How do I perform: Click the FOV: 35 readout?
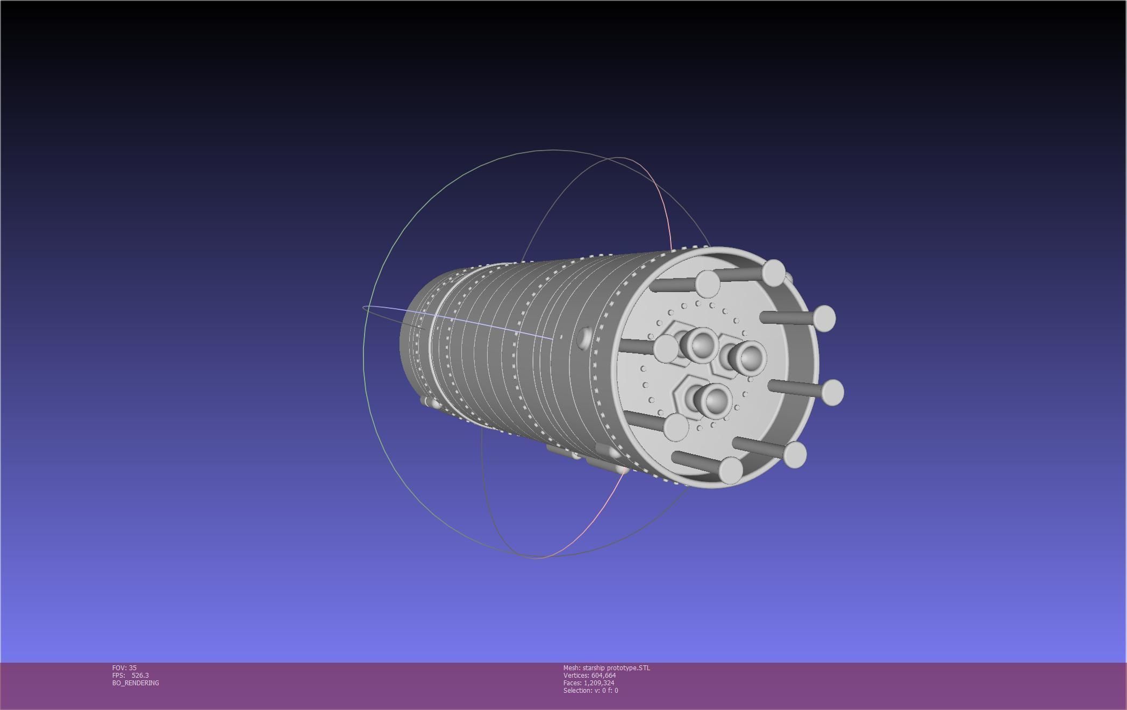coord(124,668)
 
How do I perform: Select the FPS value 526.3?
coord(140,675)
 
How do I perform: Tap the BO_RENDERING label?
coord(135,683)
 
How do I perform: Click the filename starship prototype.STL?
coord(616,668)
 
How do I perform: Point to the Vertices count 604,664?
coord(603,675)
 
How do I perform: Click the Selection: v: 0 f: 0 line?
coord(590,690)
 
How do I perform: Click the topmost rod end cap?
coord(774,272)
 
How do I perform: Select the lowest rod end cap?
coord(731,470)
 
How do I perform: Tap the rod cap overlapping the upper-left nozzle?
coord(666,347)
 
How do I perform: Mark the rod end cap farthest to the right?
coord(832,392)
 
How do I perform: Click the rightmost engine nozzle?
coord(750,357)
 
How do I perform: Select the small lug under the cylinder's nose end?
coord(430,402)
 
